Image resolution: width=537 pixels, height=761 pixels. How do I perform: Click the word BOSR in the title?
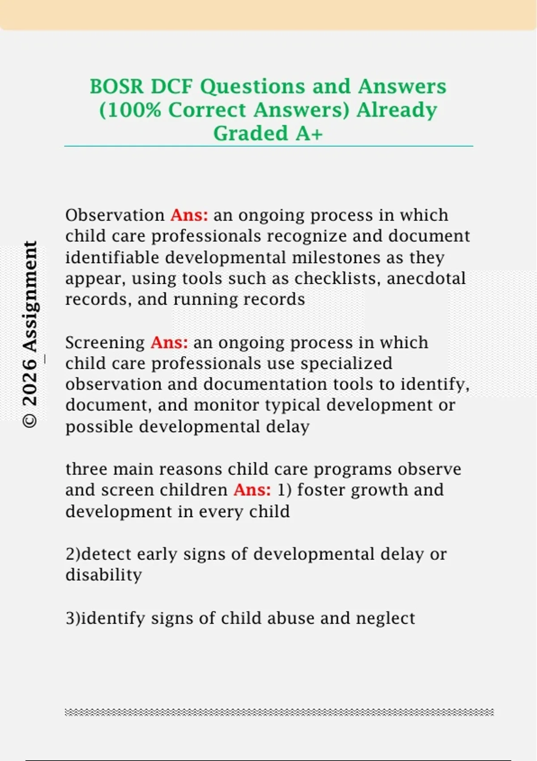(x=116, y=86)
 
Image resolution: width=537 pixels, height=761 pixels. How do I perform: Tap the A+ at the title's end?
(x=309, y=133)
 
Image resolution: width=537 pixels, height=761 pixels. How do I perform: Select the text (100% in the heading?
(x=130, y=110)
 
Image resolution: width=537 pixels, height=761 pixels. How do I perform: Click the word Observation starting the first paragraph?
(x=115, y=215)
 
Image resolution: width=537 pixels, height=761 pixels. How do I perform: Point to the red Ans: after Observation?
(x=190, y=215)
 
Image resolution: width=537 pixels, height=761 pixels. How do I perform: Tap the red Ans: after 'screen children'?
(x=252, y=490)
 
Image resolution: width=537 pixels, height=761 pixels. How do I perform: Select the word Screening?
(x=105, y=343)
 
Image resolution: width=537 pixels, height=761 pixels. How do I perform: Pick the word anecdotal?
(x=426, y=278)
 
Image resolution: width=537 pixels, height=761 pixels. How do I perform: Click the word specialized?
(x=346, y=364)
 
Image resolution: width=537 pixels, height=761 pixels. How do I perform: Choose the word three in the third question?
(x=87, y=469)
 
